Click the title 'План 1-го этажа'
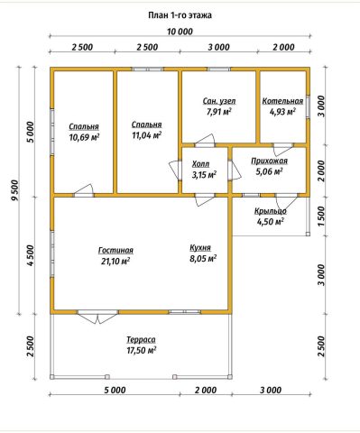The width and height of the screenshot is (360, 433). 180,15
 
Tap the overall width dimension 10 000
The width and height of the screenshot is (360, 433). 180,32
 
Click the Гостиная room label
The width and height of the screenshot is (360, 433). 115,250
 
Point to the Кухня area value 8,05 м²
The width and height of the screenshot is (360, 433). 203,259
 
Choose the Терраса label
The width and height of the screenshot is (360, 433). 141,339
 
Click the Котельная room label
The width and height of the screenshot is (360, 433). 282,101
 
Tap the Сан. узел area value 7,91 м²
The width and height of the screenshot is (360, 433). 219,112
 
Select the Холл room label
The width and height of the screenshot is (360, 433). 200,164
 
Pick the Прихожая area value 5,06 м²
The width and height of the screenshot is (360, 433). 270,171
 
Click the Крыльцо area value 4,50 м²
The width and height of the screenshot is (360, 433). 271,222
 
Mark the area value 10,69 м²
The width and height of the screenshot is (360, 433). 84,138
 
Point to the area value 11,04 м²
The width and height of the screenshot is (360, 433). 147,135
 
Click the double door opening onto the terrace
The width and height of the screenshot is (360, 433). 97,316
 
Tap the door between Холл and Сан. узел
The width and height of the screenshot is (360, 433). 205,142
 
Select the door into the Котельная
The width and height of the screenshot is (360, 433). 282,148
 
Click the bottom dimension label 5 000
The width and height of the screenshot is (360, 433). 115,391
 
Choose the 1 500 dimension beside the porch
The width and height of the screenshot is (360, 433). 321,216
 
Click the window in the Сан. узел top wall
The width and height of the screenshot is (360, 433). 219,69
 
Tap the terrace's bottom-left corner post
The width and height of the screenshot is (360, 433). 52,377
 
